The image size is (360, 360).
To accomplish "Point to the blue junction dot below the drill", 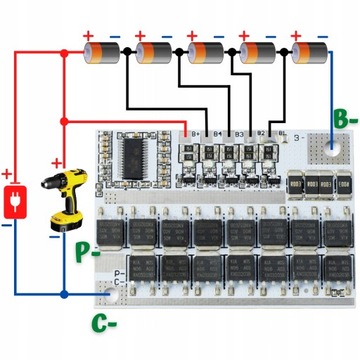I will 63,295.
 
